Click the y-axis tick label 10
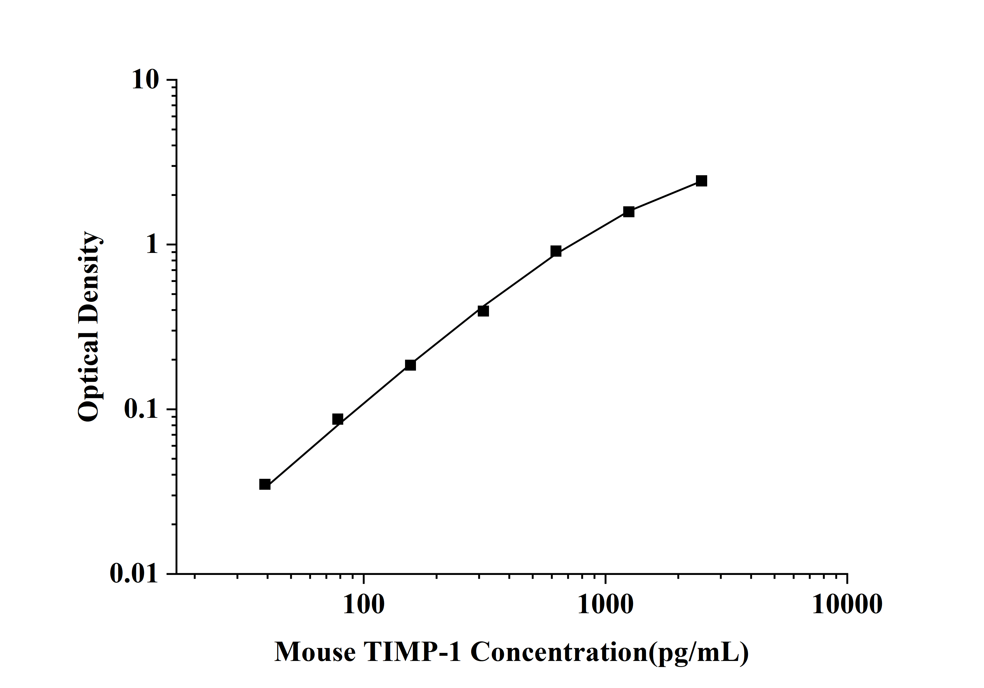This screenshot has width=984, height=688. [145, 80]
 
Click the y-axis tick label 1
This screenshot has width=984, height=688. [152, 245]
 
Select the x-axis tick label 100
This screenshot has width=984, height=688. [363, 605]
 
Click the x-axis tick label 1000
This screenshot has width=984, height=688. [605, 605]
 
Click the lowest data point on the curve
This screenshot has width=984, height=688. [265, 485]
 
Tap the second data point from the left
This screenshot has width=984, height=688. [338, 419]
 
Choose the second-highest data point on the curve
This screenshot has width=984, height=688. [629, 211]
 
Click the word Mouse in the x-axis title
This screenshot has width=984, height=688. [315, 652]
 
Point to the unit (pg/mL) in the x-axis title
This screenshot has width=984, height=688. [699, 652]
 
